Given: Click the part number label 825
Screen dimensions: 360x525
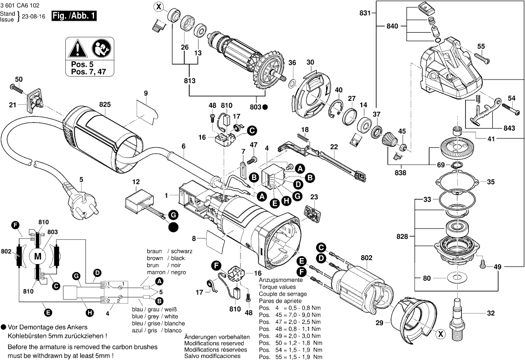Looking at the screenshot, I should pyautogui.click(x=105, y=104).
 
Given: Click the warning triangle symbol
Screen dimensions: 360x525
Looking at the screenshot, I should pyautogui.click(x=78, y=48).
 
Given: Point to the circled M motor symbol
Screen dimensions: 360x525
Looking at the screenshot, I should pyautogui.click(x=38, y=256).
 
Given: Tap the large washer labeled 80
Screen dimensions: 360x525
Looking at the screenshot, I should pyautogui.click(x=458, y=277).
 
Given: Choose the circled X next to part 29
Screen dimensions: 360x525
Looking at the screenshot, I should pyautogui.click(x=440, y=334).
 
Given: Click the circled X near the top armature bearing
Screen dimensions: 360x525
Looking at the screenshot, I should pyautogui.click(x=158, y=7).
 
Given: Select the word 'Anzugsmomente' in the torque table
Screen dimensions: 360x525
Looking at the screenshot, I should pyautogui.click(x=281, y=279).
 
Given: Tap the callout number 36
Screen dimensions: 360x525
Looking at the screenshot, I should pyautogui.click(x=292, y=62).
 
